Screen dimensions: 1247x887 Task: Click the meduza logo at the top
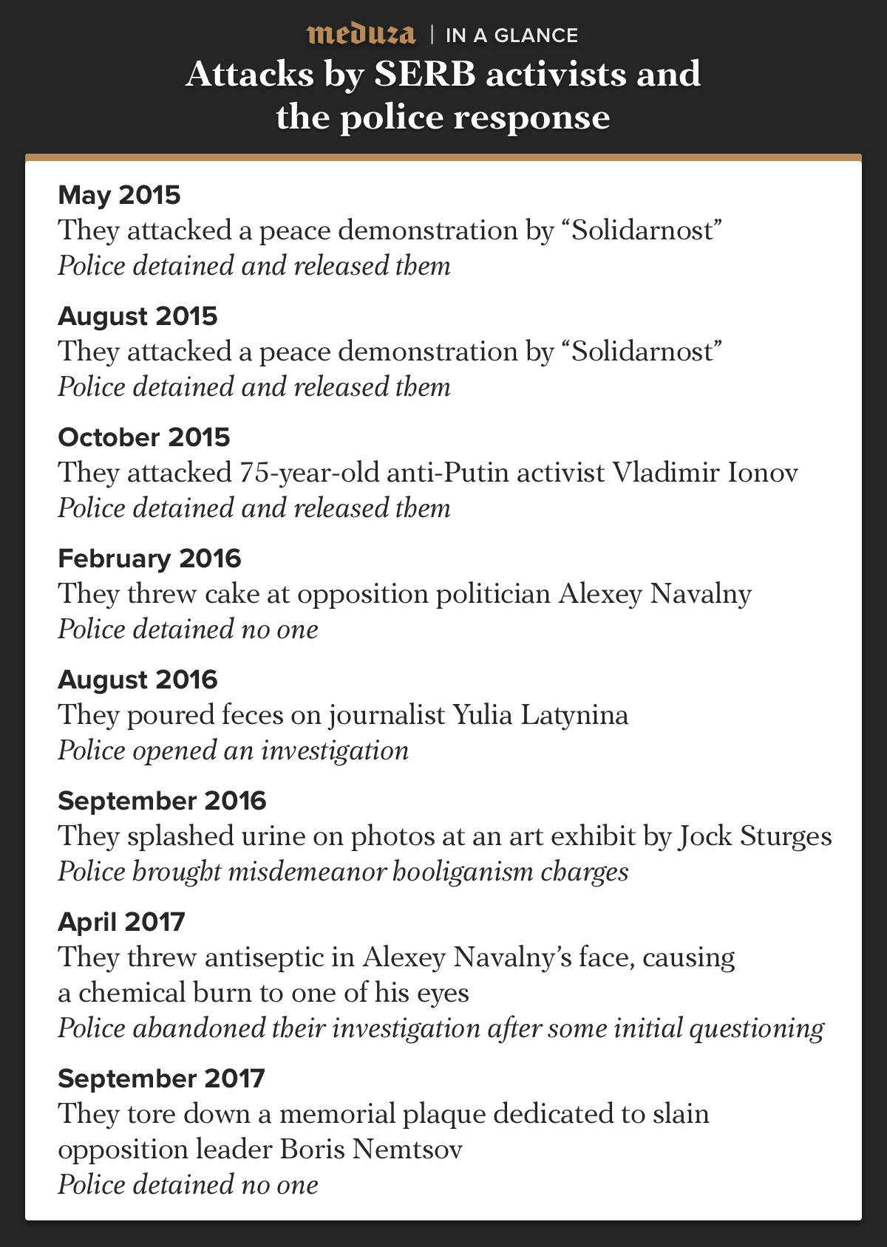coord(361,34)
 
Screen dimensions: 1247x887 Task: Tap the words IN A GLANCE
coord(512,35)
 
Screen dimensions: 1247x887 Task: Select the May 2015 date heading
coord(119,194)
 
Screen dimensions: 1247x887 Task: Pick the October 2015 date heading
coord(144,437)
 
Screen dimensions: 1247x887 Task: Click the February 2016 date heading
coord(149,558)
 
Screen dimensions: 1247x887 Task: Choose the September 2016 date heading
coord(162,800)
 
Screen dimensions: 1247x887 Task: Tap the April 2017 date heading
coord(121,921)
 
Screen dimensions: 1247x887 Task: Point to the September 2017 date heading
coord(161,1078)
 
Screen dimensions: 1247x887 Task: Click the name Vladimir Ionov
coord(705,472)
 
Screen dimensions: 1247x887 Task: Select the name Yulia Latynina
coord(540,714)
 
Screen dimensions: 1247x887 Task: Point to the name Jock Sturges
coord(755,836)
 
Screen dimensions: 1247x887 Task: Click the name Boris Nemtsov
coord(371,1149)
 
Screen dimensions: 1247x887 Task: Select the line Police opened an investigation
coord(233,750)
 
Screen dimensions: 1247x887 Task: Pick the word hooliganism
coord(462,871)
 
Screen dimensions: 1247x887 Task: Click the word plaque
coord(443,1113)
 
